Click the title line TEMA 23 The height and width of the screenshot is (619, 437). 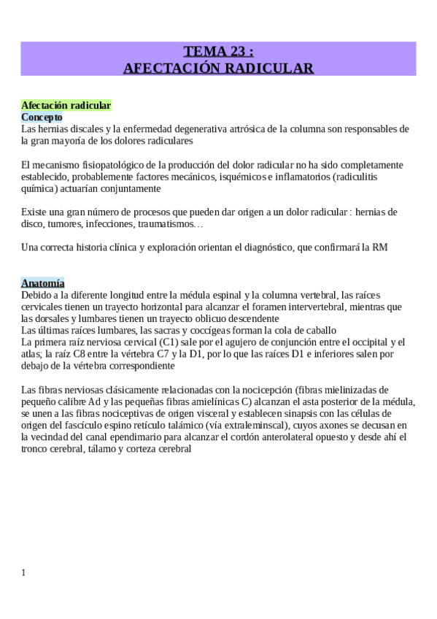click(x=218, y=51)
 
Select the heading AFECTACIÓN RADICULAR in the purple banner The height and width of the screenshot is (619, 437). click(x=218, y=68)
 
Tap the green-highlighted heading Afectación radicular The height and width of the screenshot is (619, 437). click(x=66, y=106)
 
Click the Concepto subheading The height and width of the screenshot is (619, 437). click(x=42, y=117)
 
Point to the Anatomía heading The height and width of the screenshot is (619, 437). click(x=43, y=283)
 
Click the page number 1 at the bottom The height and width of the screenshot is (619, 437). click(x=23, y=573)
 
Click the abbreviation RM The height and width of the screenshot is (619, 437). click(x=380, y=247)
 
